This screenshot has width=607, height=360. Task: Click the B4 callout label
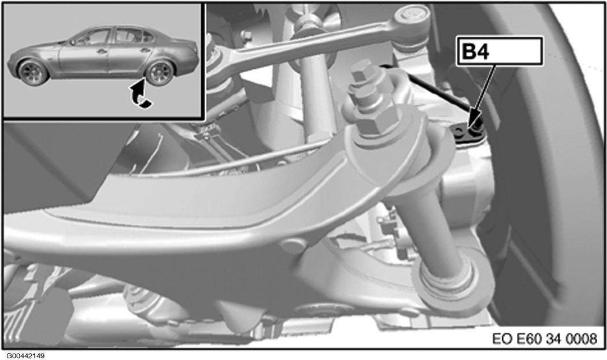pyautogui.click(x=499, y=51)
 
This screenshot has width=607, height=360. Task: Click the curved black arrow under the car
pyautogui.click(x=140, y=93)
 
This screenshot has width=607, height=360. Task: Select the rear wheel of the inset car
pyautogui.click(x=160, y=73)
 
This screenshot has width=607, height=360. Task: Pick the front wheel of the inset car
pyautogui.click(x=33, y=72)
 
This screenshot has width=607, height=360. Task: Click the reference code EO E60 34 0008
pyautogui.click(x=545, y=339)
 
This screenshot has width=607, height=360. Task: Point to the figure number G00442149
pyautogui.click(x=25, y=355)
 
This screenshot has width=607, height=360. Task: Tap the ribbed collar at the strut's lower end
pyautogui.click(x=446, y=278)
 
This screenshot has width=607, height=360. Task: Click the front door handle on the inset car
pyautogui.click(x=102, y=51)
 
